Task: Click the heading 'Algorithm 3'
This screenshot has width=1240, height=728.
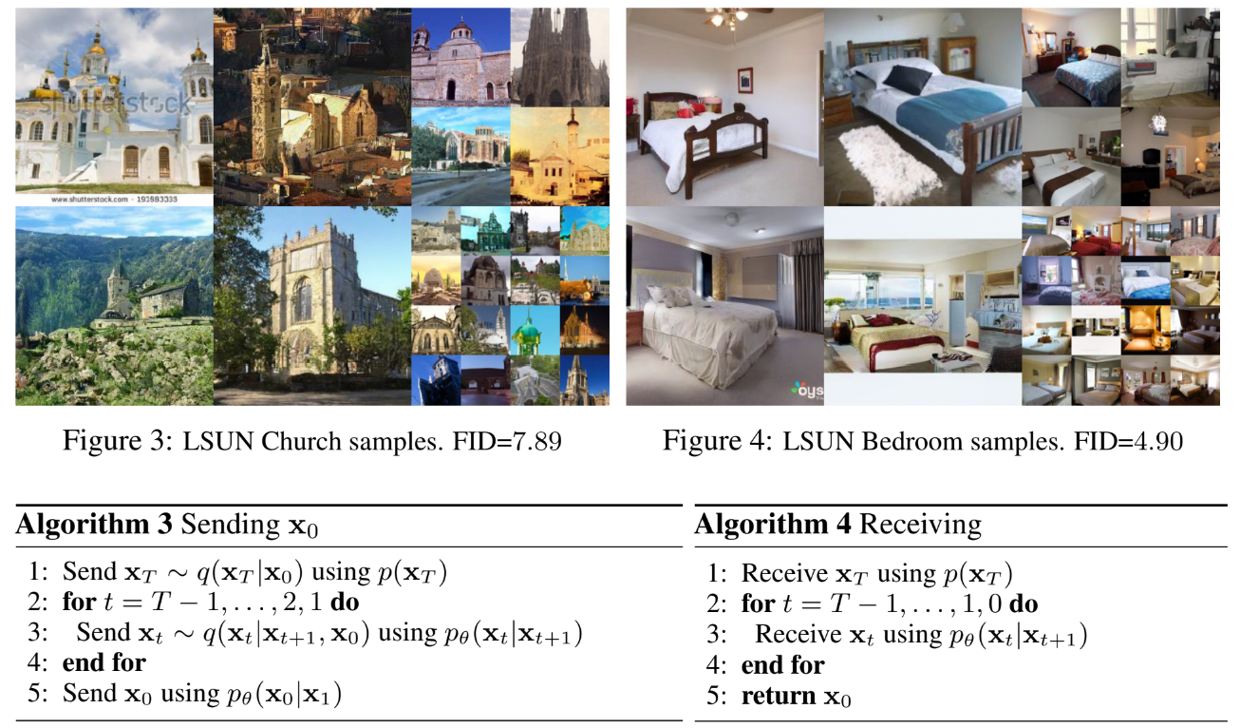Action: pos(94,525)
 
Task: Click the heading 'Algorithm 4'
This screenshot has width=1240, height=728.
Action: pos(771,525)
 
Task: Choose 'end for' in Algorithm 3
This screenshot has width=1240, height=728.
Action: pos(104,662)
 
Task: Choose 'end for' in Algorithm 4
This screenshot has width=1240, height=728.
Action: pos(782,664)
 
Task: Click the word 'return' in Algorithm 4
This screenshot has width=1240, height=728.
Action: pos(779,695)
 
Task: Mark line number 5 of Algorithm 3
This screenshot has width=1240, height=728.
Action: pos(37,694)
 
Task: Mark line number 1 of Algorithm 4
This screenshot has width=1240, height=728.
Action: pos(716,574)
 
